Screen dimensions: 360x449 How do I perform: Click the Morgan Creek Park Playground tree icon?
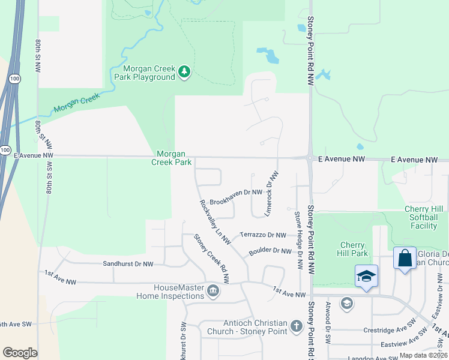[x=184, y=73]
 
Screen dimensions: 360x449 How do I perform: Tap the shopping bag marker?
[x=405, y=259]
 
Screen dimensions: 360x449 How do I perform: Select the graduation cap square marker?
[x=366, y=276]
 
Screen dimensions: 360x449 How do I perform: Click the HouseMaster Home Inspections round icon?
[x=212, y=292]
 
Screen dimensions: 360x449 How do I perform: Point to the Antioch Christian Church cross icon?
[x=295, y=326]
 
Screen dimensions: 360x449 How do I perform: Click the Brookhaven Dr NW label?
[x=237, y=193]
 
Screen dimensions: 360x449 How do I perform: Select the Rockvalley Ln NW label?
[x=214, y=221]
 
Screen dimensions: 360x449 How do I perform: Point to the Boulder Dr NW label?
[x=270, y=250]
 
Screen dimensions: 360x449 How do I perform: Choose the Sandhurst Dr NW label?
[x=128, y=264]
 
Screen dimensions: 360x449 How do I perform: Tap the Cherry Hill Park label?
[x=353, y=249]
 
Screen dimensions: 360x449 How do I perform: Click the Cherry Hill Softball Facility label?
[x=424, y=217]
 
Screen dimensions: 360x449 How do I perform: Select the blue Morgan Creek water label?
[x=75, y=107]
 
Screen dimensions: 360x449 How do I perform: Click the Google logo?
[x=20, y=353]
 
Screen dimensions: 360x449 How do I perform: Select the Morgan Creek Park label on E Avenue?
[x=171, y=158]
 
